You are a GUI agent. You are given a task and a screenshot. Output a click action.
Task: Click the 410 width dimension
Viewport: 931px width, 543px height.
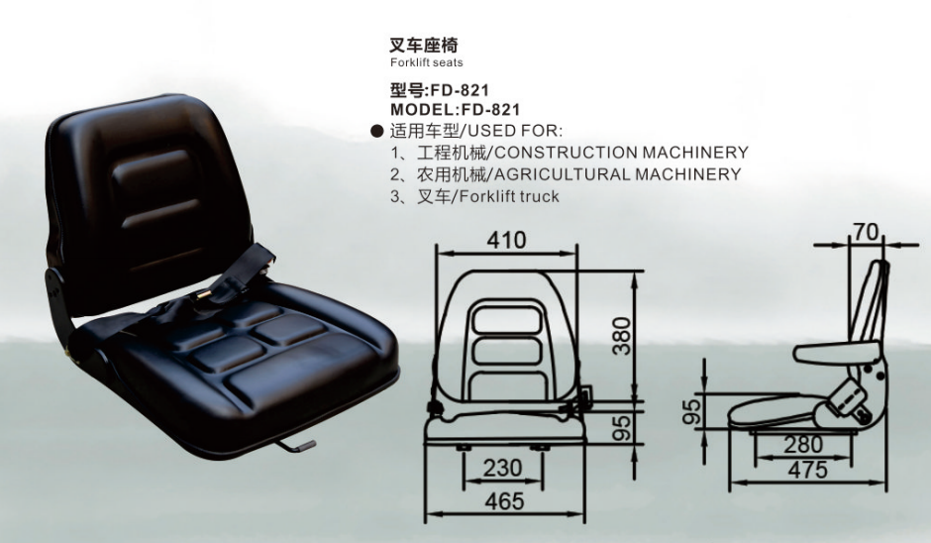coord(506,240)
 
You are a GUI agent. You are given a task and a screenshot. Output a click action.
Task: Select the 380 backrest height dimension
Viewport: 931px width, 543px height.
coord(622,336)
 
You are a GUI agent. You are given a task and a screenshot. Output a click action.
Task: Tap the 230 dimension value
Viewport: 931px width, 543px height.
coord(502,468)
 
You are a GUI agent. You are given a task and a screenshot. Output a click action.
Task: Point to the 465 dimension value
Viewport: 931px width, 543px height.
coord(505,501)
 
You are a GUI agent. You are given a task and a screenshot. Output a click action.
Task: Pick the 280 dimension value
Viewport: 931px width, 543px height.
coord(803,444)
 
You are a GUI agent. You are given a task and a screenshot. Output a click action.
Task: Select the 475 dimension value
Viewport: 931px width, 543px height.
coord(807,470)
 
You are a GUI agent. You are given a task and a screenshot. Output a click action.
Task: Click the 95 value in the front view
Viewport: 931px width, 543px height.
coord(622,428)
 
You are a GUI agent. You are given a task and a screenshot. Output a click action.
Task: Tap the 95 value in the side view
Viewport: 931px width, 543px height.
coord(691,411)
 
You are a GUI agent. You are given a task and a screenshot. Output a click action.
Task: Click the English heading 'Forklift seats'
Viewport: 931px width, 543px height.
coord(426,62)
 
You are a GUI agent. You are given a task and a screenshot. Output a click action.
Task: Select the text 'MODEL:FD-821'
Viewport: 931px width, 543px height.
coord(455,110)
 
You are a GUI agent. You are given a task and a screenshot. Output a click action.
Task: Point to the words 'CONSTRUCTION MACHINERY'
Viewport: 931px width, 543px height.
coord(621,153)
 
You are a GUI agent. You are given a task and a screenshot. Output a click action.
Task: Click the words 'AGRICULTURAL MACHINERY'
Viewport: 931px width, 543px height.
coord(617,174)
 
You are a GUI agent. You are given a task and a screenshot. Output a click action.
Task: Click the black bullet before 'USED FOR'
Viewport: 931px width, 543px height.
coord(377,131)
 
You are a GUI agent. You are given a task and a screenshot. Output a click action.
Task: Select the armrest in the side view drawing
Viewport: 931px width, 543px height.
coord(837,353)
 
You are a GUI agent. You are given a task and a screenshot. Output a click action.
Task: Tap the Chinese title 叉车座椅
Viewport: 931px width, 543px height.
coord(423,45)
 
